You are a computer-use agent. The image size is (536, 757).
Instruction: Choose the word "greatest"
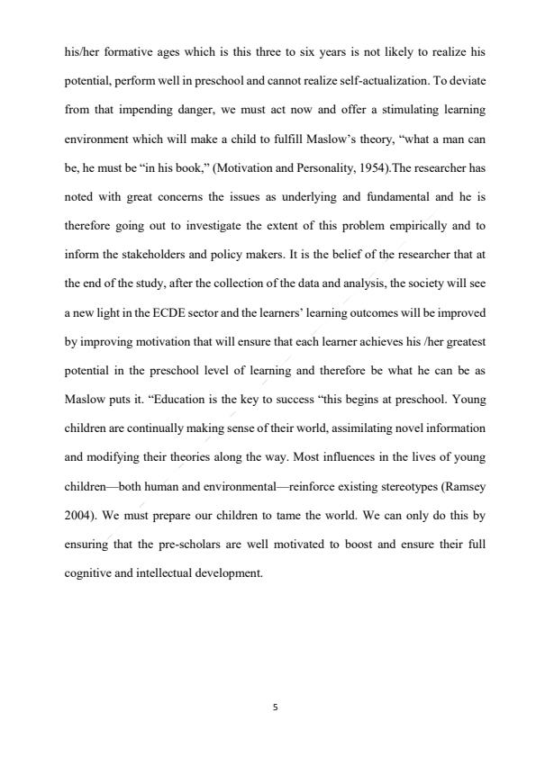click(463, 340)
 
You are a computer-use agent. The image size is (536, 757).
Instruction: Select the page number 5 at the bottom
click(275, 707)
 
